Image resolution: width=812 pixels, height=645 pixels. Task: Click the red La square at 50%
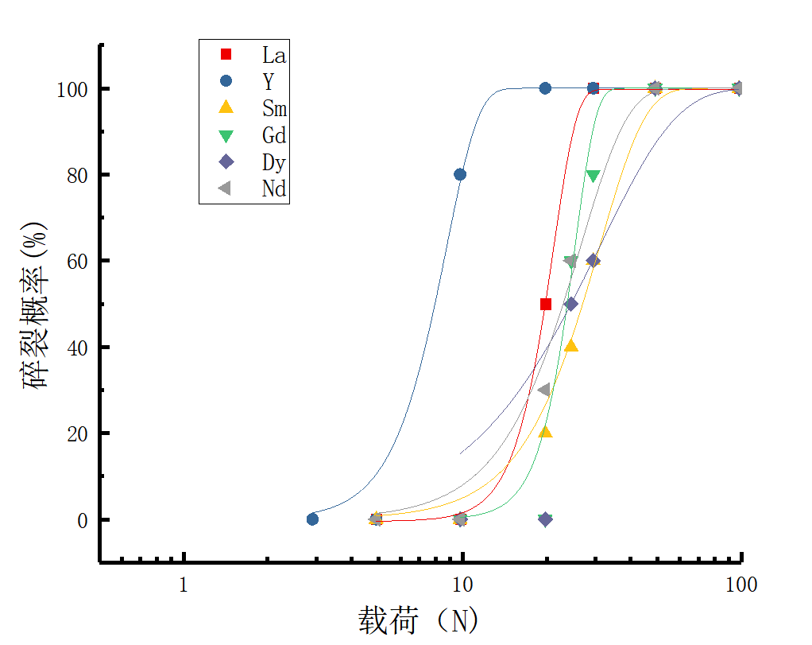tap(545, 304)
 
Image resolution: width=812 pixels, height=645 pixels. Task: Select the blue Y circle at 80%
tap(460, 174)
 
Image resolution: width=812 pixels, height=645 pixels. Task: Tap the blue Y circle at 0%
tap(312, 519)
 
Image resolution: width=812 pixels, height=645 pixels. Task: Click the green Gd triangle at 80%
tap(593, 176)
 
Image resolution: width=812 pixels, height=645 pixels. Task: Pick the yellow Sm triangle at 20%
tap(545, 432)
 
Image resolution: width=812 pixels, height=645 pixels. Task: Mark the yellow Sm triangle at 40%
tap(570, 345)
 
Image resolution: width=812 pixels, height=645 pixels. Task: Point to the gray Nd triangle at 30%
tap(543, 390)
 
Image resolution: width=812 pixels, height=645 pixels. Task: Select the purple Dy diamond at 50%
tap(570, 304)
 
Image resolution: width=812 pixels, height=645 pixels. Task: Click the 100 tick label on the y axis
tap(72, 89)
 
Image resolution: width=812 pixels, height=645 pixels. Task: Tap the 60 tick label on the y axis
tap(77, 261)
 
